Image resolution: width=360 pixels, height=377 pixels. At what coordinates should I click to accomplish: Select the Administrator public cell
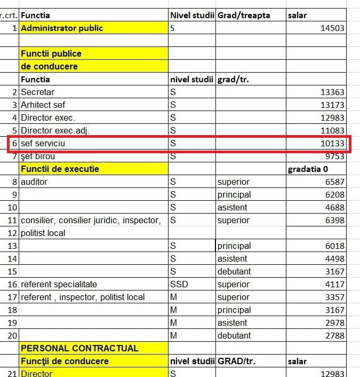pyautogui.click(x=62, y=28)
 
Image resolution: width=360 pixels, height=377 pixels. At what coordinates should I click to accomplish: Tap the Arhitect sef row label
pyautogui.click(x=43, y=105)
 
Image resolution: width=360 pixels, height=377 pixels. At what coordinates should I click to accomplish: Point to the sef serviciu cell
pyautogui.click(x=43, y=144)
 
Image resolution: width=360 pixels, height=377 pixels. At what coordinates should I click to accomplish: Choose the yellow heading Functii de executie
pyautogui.click(x=60, y=169)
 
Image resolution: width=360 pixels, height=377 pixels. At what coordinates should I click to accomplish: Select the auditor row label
pyautogui.click(x=34, y=182)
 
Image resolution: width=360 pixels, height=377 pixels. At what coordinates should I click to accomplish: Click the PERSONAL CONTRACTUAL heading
pyautogui.click(x=79, y=348)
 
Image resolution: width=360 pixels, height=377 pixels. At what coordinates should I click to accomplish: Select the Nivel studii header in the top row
pyautogui.click(x=192, y=15)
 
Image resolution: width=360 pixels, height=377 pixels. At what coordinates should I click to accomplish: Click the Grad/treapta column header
pyautogui.click(x=244, y=15)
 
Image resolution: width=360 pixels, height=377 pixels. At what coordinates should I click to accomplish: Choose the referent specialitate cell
pyautogui.click(x=59, y=284)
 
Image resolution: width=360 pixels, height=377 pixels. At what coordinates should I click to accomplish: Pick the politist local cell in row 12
pyautogui.click(x=43, y=233)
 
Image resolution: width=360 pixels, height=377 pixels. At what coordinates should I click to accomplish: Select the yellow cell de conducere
pyautogui.click(x=49, y=66)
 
